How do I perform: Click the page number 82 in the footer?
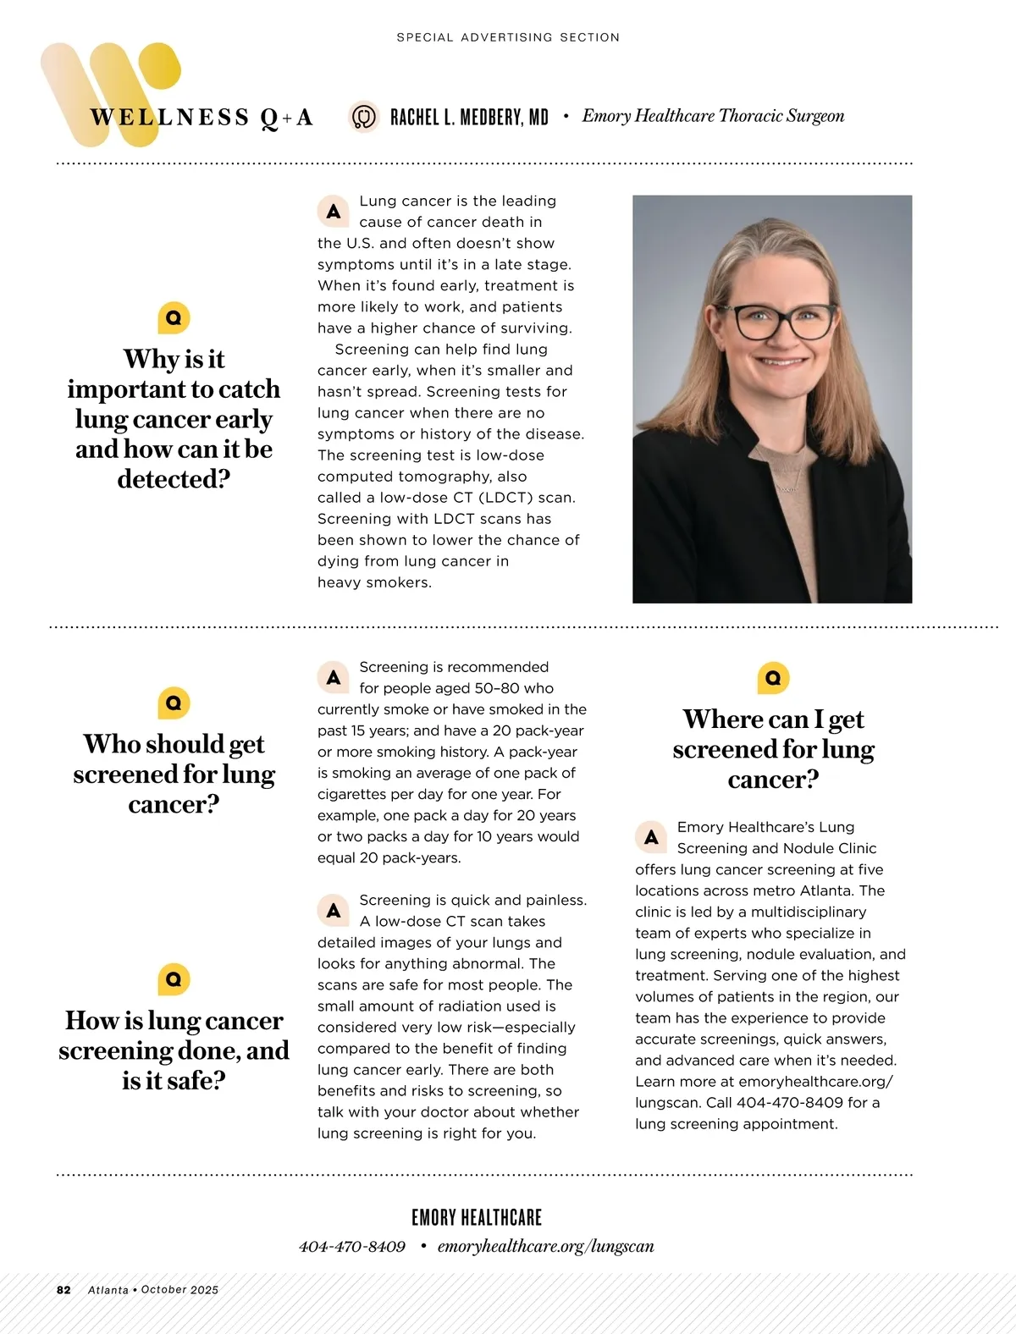click(63, 1290)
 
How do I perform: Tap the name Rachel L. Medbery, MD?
click(469, 117)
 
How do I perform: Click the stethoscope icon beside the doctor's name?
click(364, 116)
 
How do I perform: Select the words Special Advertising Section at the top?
click(508, 37)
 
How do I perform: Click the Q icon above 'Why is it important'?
click(174, 318)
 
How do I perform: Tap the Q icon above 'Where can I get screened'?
click(773, 678)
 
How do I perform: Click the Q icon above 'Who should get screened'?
click(174, 703)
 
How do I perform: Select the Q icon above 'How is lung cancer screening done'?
click(174, 979)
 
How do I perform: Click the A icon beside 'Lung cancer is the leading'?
click(334, 212)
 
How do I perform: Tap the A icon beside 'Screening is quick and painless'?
click(334, 911)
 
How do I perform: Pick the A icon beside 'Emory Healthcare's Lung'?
click(651, 837)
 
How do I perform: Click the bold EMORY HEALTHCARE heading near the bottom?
click(477, 1217)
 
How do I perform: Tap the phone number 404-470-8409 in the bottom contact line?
click(352, 1247)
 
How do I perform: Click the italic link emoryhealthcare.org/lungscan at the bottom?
click(546, 1247)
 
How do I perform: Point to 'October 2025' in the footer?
click(179, 1290)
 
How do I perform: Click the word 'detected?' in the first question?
click(174, 480)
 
